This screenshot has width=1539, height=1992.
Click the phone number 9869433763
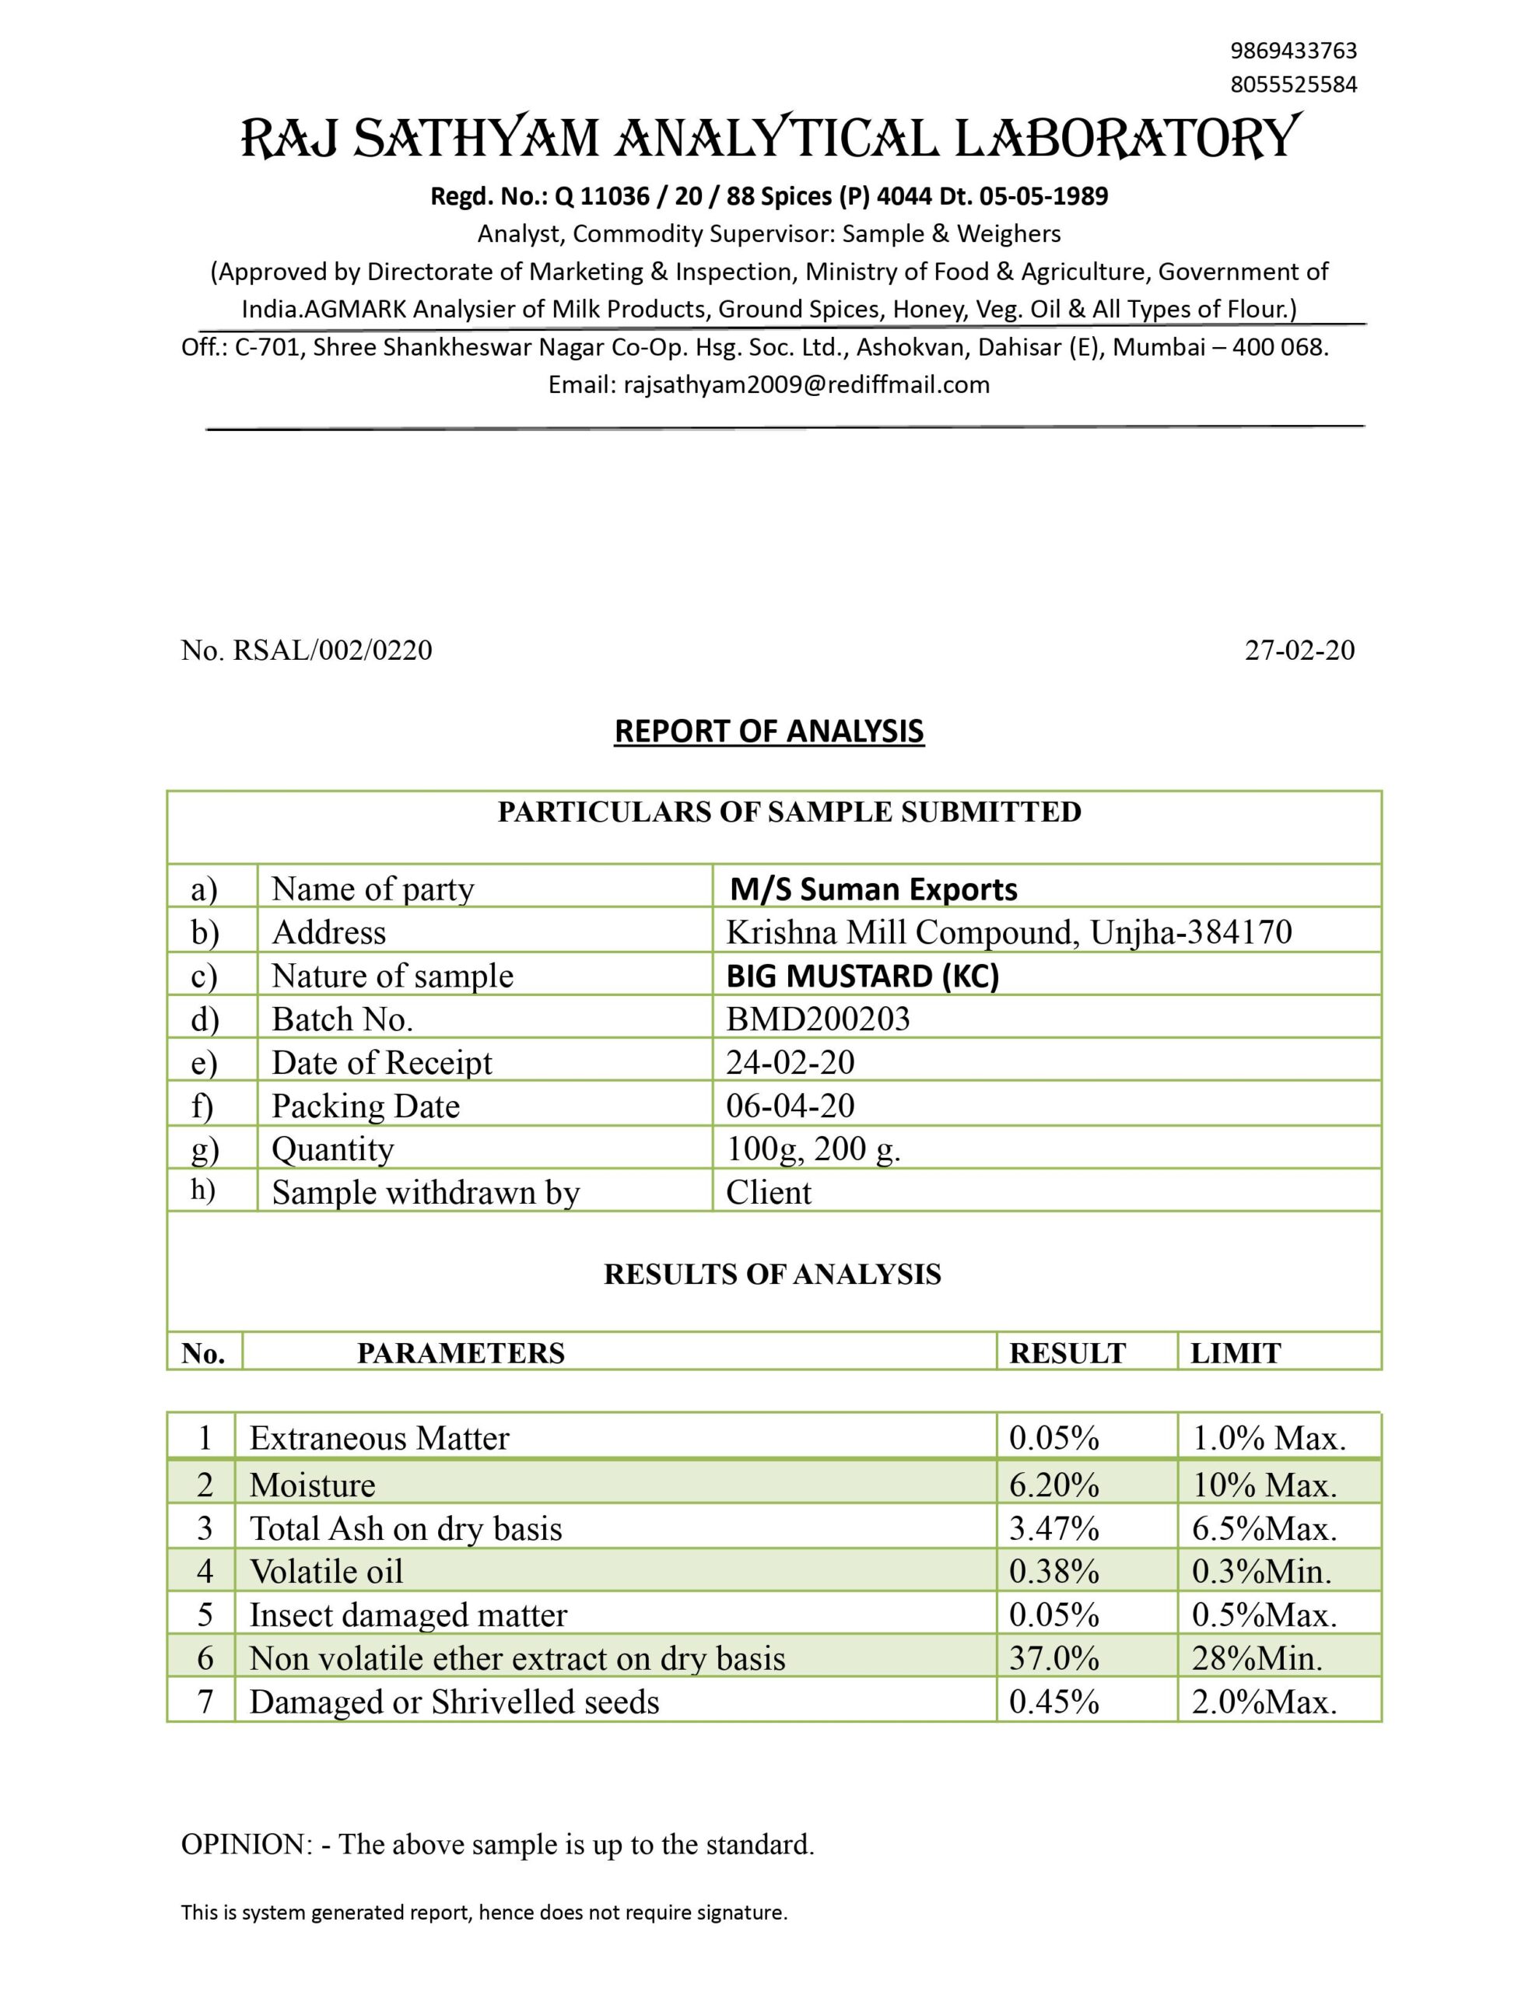1292,50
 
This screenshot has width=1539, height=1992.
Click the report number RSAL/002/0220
332,651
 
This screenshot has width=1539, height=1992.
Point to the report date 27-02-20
1299,651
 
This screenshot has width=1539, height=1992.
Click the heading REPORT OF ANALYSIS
769,731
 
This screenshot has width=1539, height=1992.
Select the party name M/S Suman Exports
873,889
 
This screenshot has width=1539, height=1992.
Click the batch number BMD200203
818,1019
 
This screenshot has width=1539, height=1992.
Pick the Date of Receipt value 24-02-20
790,1063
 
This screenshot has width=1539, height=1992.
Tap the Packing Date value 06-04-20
790,1106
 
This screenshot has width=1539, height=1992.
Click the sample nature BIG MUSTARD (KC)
862,976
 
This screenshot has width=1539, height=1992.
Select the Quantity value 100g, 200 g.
813,1149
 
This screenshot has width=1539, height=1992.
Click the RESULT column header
1067,1353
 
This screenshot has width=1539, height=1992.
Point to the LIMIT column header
1236,1353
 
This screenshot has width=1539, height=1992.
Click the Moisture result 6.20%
1053,1485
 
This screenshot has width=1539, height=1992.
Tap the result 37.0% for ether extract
1053,1658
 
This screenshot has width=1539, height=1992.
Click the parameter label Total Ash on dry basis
406,1529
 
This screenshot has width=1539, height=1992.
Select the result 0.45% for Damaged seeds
1053,1702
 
